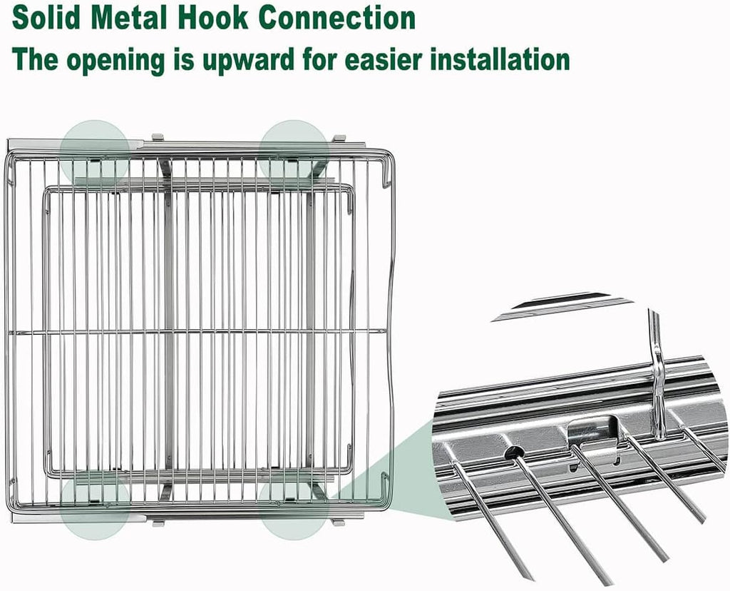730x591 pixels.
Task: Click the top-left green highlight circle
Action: click(x=94, y=151)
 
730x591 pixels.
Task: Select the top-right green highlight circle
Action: click(x=294, y=151)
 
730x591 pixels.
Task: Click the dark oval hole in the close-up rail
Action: click(x=514, y=451)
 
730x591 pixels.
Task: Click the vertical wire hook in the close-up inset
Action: click(x=657, y=378)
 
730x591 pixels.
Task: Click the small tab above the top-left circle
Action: click(x=158, y=137)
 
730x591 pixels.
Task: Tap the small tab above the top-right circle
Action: click(x=339, y=137)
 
